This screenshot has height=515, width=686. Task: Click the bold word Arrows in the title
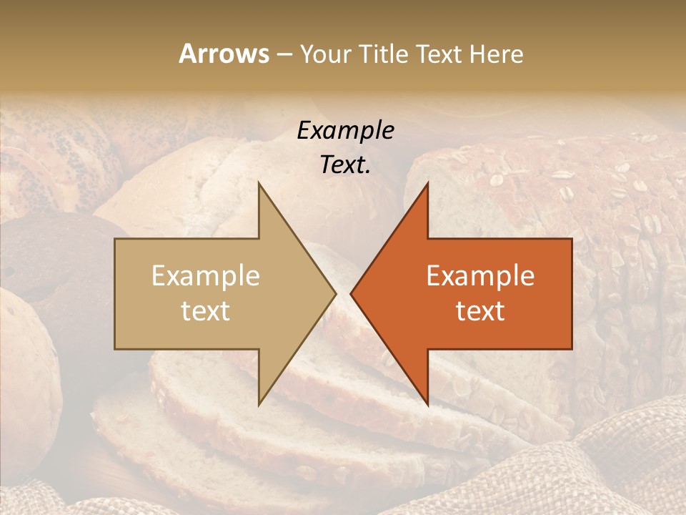click(x=224, y=54)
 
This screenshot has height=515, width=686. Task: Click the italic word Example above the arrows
click(x=346, y=131)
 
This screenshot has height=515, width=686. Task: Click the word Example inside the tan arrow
click(x=206, y=276)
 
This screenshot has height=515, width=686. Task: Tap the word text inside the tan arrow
click(x=206, y=310)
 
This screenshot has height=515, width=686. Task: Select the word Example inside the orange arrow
click(x=480, y=276)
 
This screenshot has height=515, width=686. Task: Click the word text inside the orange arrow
click(x=480, y=310)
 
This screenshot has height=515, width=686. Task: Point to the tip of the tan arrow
click(x=334, y=293)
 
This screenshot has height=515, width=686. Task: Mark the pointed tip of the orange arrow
click(x=352, y=293)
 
